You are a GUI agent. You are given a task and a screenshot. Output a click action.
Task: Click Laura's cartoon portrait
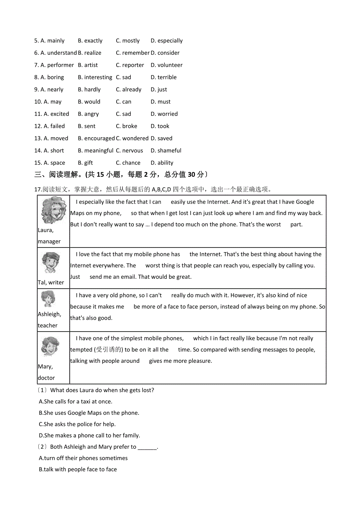(54, 211)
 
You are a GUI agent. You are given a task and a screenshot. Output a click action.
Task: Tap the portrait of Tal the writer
(50, 263)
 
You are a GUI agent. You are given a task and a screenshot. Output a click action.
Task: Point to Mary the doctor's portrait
(50, 346)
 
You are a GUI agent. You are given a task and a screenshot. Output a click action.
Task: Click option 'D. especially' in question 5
(166, 41)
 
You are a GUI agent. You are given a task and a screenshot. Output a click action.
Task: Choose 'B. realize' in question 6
(90, 53)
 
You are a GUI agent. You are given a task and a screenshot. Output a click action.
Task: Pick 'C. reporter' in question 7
(130, 65)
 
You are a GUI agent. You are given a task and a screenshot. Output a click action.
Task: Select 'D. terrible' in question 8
(164, 77)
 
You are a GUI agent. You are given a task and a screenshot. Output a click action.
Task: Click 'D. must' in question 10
(160, 102)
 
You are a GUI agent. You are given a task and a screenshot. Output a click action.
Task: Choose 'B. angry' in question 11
(88, 114)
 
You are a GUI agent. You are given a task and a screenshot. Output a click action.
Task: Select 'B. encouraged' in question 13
(96, 138)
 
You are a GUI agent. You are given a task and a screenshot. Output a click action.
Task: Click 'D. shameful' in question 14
(166, 151)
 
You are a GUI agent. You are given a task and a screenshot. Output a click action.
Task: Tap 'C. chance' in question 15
(128, 163)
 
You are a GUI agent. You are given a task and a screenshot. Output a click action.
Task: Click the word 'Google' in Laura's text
(305, 202)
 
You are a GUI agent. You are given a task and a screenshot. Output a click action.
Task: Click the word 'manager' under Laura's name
(49, 241)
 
